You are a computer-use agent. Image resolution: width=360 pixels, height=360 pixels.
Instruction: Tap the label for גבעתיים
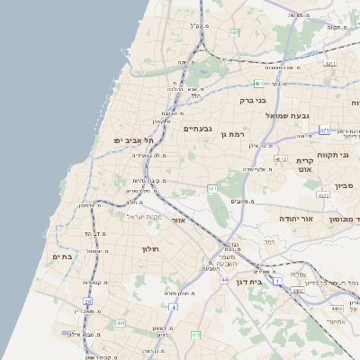197,129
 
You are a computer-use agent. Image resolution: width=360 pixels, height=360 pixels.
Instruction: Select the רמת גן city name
231,135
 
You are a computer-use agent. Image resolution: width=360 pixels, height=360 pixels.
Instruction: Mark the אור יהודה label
294,219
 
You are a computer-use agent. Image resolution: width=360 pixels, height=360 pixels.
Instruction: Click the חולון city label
149,249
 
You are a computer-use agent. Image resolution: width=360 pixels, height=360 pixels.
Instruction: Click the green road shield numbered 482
235,32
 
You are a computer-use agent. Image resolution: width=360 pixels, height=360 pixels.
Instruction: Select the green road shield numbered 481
256,84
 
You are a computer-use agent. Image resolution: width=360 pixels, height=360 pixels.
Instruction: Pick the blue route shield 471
324,130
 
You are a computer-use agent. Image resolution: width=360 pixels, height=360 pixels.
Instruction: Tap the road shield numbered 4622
323,194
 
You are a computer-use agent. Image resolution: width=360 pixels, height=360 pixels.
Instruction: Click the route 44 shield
223,280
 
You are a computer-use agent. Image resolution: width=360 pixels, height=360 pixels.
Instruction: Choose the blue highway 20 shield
87,301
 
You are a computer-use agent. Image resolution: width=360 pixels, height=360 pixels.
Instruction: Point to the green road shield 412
195,335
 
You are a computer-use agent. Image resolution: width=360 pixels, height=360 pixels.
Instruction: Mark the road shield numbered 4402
298,291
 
